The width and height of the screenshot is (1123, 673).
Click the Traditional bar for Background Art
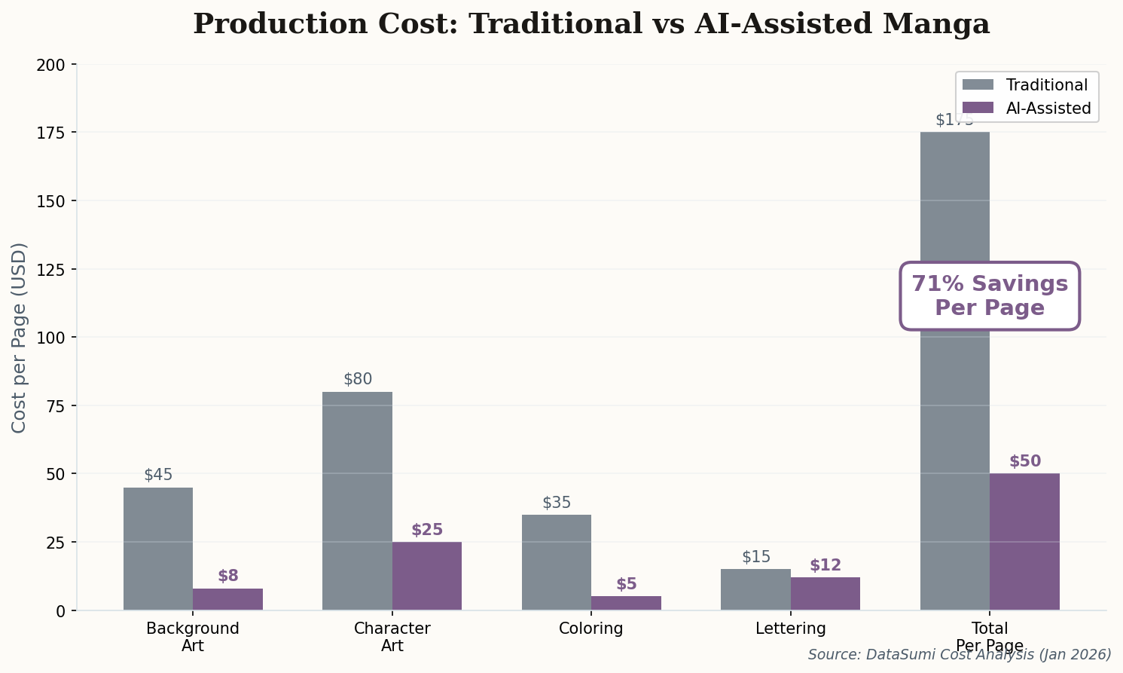tap(158, 549)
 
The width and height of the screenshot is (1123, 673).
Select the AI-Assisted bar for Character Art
tap(427, 576)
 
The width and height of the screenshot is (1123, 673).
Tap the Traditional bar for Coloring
tap(557, 562)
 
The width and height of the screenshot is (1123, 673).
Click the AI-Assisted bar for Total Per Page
tap(1024, 541)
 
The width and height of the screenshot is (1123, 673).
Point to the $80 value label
tap(358, 379)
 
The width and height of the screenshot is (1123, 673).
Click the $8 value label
tap(228, 576)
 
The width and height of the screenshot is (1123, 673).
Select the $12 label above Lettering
tap(825, 565)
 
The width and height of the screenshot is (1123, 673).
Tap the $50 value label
tap(1024, 461)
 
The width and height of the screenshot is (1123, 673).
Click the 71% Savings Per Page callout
tap(990, 295)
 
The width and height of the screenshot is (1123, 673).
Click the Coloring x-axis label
tap(591, 629)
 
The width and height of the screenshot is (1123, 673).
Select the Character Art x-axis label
tap(392, 637)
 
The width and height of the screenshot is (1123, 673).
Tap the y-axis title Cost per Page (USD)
tap(20, 338)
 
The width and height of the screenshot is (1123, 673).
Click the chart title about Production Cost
tap(591, 24)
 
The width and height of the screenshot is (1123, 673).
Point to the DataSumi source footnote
tap(960, 654)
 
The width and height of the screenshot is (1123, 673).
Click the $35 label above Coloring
tap(557, 503)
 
